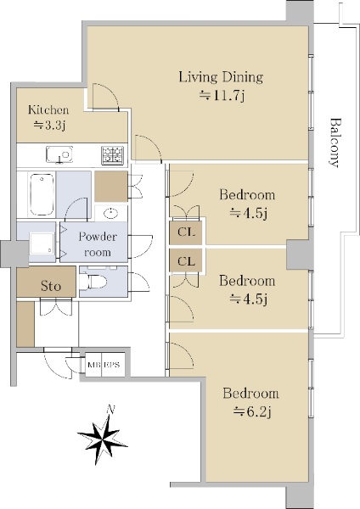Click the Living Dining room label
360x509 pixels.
221,77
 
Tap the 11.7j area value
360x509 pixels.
222,95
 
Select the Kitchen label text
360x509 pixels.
48,109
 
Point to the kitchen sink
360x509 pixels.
59,154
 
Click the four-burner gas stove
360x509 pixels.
112,155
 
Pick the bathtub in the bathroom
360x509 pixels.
42,194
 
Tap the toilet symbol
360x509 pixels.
93,281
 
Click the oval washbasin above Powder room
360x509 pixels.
110,213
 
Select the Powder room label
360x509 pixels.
97,244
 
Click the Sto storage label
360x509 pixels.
51,286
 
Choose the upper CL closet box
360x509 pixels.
186,232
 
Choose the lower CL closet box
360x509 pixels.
186,260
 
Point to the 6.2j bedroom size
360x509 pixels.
252,412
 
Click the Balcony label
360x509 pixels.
335,143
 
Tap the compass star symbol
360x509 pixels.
103,437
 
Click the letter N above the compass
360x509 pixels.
111,410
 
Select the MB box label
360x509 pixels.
94,365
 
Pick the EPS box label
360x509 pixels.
112,365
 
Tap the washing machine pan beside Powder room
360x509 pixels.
42,243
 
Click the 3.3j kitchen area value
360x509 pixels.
50,126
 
